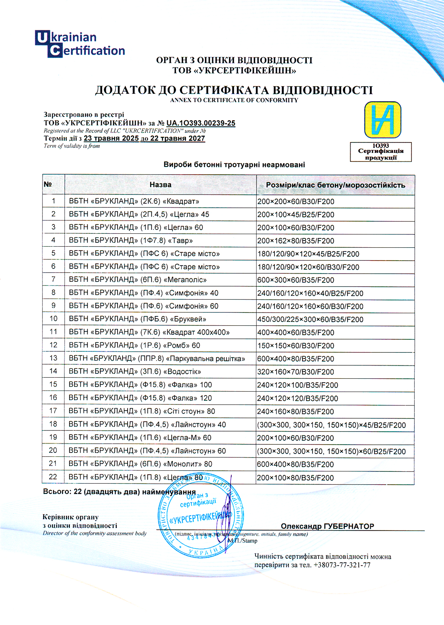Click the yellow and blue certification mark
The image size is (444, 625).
pos(382,120)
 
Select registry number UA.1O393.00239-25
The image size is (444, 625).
pos(201,123)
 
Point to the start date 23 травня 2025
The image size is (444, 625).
pos(111,138)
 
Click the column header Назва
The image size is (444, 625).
pos(160,185)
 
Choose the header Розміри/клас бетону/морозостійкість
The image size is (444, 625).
pos(335,185)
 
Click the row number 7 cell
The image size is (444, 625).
pos(53,279)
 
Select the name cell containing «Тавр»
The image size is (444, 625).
pos(131,240)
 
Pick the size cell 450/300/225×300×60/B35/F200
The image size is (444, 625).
pos(310,319)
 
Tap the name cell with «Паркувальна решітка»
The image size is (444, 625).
pos(157,358)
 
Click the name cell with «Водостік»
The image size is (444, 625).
pos(135,372)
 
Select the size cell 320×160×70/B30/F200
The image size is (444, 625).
pos(295,372)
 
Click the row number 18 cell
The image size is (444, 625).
pos(53,424)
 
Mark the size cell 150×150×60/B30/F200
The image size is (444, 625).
pos(295,346)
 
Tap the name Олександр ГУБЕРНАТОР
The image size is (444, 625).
pos(327,526)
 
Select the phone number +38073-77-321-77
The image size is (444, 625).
pos(342,565)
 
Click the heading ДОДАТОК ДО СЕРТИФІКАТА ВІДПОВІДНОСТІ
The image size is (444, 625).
pos(234,90)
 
